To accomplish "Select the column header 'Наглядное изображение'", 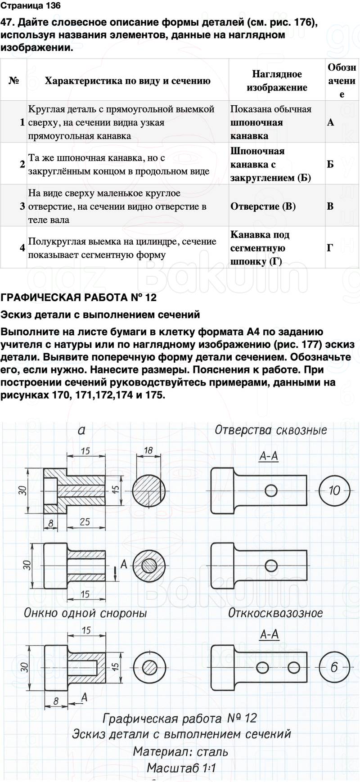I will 277,81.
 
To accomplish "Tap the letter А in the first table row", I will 331,122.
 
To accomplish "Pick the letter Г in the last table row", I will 330,248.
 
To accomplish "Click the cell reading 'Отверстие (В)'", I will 263,207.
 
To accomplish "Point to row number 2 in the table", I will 22,164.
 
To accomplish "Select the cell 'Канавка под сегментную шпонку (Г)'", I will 260,248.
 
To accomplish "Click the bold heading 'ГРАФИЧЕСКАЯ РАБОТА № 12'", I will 79,297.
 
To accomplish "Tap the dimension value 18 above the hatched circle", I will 148,450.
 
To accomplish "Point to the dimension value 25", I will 85,522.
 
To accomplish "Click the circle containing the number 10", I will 334,490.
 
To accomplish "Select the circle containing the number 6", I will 333,667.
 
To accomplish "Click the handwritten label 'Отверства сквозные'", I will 270,430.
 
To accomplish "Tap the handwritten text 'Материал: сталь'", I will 180,751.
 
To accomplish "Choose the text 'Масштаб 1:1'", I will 181,768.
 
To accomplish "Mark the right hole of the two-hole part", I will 293,667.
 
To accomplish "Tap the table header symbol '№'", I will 13,81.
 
